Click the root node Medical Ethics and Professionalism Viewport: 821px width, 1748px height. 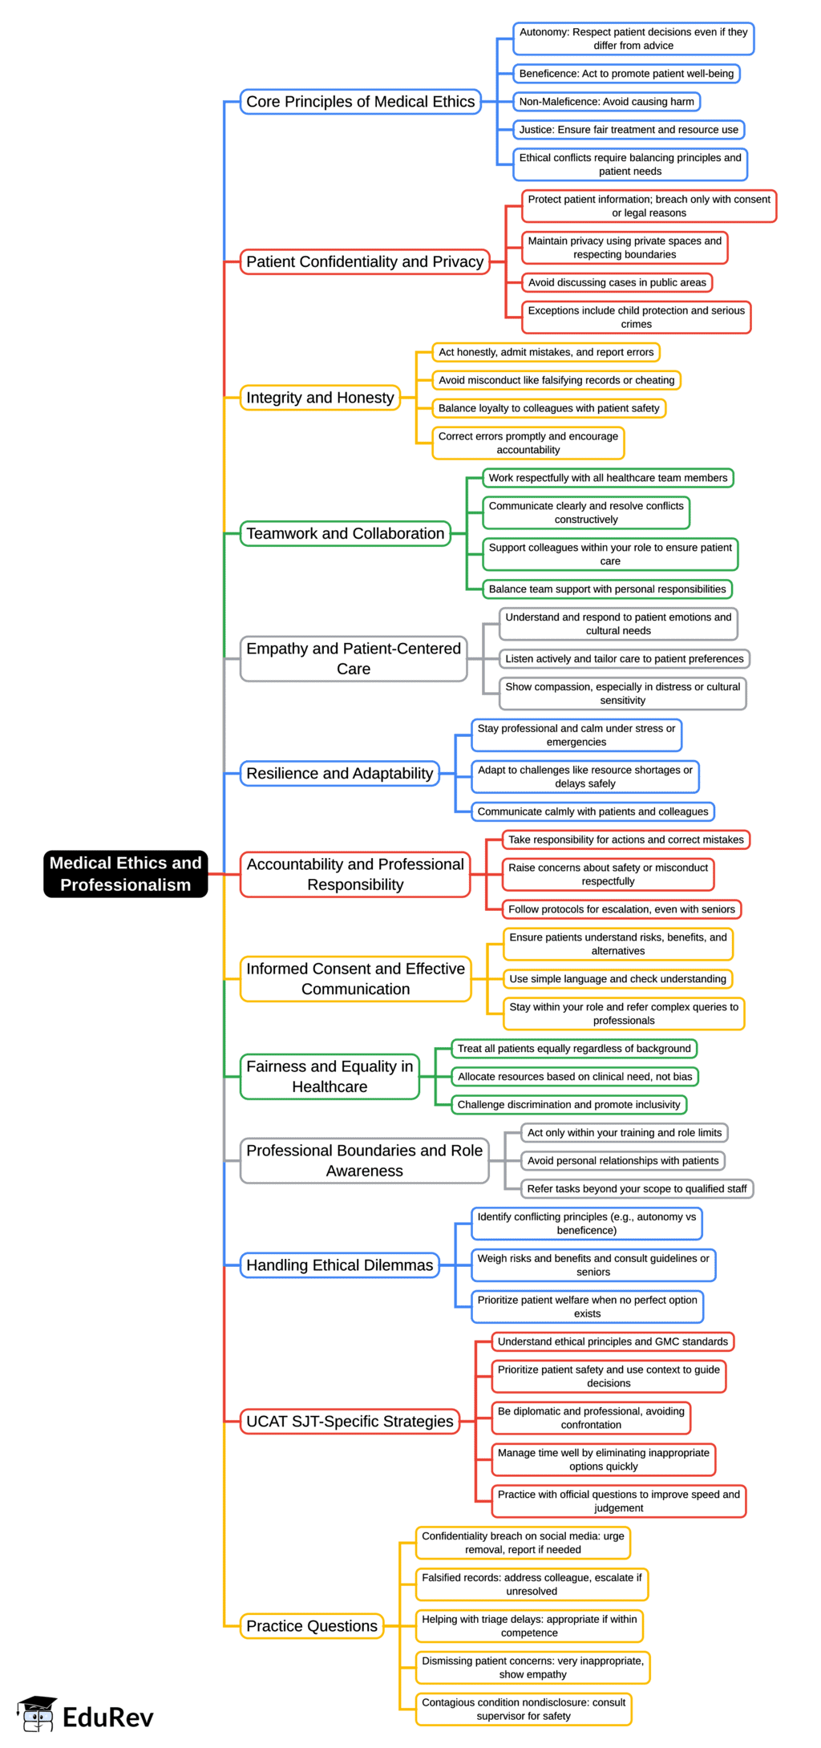click(126, 873)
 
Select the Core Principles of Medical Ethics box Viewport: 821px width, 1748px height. click(360, 102)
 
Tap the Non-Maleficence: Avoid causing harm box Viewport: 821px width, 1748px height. click(606, 102)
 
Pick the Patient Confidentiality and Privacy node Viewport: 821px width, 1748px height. click(365, 261)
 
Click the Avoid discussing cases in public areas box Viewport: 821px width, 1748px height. click(617, 282)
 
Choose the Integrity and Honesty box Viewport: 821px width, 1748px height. click(320, 398)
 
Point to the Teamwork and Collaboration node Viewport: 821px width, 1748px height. click(345, 533)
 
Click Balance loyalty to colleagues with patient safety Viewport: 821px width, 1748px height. click(548, 408)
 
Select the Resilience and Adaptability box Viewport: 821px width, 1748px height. click(339, 773)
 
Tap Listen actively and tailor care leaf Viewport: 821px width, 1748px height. click(624, 658)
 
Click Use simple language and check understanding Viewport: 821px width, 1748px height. click(617, 978)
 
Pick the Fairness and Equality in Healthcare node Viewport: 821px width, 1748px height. click(330, 1076)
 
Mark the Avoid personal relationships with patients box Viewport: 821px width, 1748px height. click(623, 1160)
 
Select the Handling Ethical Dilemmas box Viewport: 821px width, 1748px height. click(339, 1264)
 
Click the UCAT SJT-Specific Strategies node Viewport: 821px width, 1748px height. click(350, 1421)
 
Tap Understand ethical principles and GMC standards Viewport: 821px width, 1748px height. click(613, 1341)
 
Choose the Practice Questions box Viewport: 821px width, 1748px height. click(311, 1625)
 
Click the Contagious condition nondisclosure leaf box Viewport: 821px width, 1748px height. click(524, 1709)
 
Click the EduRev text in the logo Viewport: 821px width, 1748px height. click(107, 1718)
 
